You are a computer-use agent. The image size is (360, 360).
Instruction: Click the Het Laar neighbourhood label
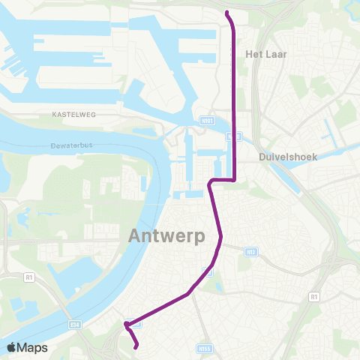[x=266, y=54]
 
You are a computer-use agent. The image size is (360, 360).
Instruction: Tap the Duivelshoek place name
[x=288, y=157]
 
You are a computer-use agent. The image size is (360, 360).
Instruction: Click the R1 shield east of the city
[x=313, y=298]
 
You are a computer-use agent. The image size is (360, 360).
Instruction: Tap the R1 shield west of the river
[x=29, y=277]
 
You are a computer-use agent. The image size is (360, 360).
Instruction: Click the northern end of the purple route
[x=226, y=12]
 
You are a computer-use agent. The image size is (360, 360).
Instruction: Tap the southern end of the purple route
[x=136, y=346]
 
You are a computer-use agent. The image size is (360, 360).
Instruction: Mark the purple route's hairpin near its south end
[x=126, y=325]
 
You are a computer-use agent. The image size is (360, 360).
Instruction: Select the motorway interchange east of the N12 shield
[x=330, y=264]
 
